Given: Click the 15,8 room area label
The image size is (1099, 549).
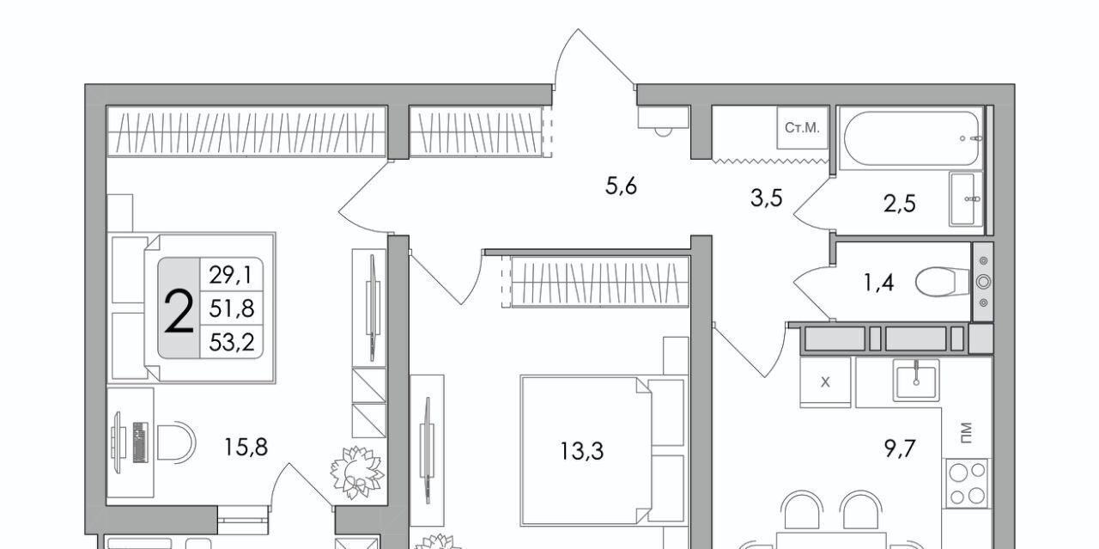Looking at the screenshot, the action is [246, 448].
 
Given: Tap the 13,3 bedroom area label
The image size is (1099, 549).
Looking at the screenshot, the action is [582, 451].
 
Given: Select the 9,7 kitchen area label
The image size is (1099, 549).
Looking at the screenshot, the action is [899, 448].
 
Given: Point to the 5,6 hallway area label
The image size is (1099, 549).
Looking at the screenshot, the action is [621, 186].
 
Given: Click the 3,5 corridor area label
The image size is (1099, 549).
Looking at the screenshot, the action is [767, 198].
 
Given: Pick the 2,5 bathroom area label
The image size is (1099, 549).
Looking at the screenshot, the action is [899, 204].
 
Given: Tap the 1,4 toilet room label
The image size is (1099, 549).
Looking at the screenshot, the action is [878, 283].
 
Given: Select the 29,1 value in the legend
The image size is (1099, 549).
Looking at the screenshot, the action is [231, 275].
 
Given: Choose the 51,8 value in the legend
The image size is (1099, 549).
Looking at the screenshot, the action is [232, 309].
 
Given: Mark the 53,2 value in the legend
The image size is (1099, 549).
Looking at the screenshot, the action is [232, 342].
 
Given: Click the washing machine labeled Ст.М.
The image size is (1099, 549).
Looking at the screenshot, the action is [802, 128].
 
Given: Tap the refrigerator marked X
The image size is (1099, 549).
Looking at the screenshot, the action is [825, 382].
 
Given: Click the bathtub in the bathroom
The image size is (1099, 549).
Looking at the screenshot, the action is [911, 138].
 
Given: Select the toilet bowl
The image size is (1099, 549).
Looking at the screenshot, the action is [943, 282].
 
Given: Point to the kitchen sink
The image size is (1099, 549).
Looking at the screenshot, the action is [916, 380].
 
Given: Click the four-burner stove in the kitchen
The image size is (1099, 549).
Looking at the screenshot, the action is [967, 484].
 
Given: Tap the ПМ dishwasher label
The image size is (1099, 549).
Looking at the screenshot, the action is [966, 433].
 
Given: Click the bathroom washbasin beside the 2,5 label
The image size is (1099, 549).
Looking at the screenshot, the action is [966, 198].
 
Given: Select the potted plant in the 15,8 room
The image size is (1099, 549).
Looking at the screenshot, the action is [356, 473].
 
